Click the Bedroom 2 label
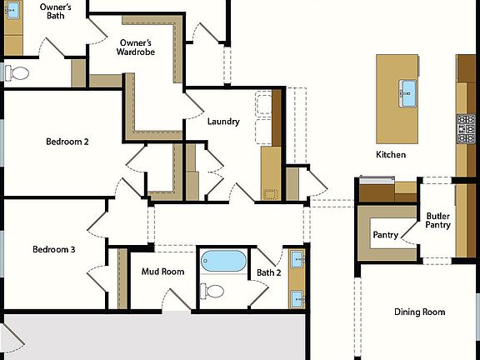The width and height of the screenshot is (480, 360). pyautogui.click(x=67, y=142)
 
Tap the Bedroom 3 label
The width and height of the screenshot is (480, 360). pyautogui.click(x=54, y=250)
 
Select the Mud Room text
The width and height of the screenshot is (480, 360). pyautogui.click(x=162, y=272)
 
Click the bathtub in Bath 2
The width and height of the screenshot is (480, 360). pyautogui.click(x=223, y=261)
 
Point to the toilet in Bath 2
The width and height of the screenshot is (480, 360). pyautogui.click(x=213, y=291)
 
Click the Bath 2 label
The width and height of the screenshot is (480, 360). pyautogui.click(x=268, y=272)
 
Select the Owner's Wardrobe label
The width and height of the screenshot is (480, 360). pyautogui.click(x=136, y=48)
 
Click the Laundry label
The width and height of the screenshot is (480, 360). pyautogui.click(x=223, y=122)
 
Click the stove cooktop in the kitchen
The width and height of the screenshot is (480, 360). pyautogui.click(x=465, y=128)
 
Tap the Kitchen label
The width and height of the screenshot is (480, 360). pyautogui.click(x=391, y=155)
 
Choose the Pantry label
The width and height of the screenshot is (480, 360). pyautogui.click(x=385, y=235)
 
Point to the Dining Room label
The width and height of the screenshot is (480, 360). pyautogui.click(x=419, y=312)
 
